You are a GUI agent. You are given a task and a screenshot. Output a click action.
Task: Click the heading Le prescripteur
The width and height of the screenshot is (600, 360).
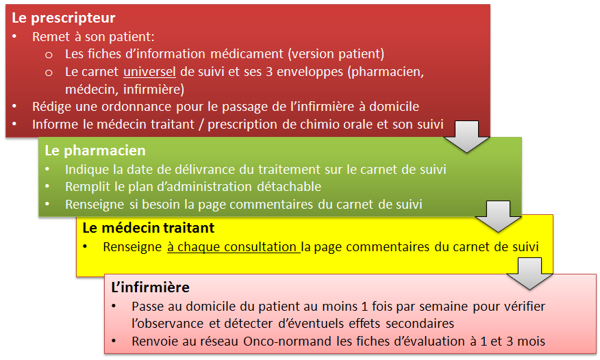coord(64,18)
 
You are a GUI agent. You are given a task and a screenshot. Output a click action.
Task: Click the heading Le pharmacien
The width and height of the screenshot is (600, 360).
coord(95,151)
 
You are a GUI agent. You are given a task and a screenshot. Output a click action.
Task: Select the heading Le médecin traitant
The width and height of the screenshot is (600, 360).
coord(149,228)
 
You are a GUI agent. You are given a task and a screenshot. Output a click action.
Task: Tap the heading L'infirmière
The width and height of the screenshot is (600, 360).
coord(151,287)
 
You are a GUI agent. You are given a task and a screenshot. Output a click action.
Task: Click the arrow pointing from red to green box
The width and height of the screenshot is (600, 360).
coord(467,137)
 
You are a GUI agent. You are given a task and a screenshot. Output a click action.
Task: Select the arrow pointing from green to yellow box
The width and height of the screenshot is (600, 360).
coord(498,216)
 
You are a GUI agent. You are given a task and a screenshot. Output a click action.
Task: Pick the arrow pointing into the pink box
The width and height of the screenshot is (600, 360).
coord(530,274)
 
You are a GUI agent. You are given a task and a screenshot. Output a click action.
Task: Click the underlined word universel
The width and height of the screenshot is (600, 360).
coord(149,72)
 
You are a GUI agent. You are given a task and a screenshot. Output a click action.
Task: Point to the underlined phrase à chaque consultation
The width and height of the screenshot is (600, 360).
coord(233,247)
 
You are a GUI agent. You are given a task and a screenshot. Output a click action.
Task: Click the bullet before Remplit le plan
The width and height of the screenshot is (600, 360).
coord(47,186)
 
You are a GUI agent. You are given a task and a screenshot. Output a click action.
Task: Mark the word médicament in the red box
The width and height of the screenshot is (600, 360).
coord(247,54)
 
